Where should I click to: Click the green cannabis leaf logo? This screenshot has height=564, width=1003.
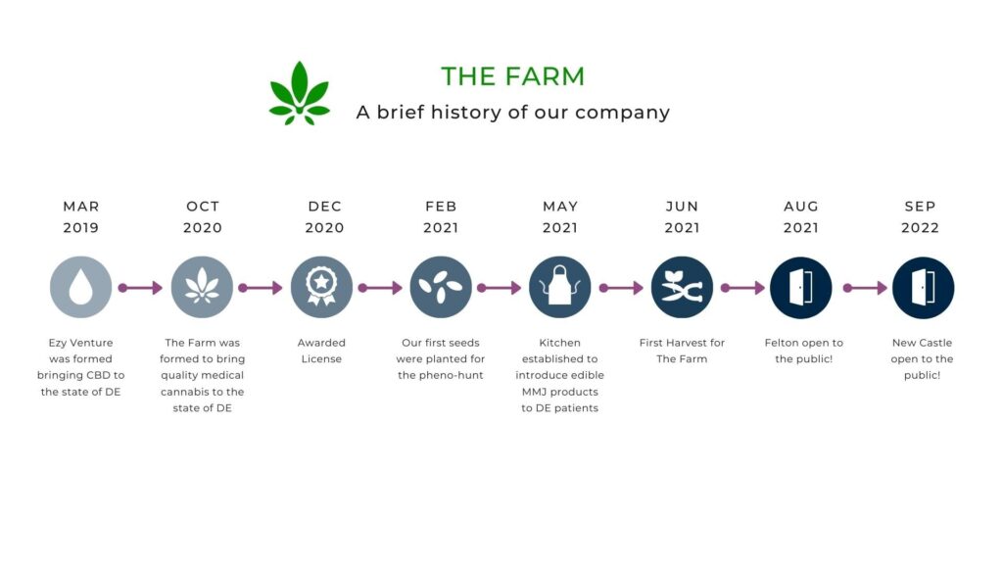click(300, 93)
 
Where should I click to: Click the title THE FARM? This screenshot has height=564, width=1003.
click(512, 76)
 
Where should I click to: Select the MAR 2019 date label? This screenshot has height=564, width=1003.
click(81, 216)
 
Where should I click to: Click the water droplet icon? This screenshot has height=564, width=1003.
click(80, 287)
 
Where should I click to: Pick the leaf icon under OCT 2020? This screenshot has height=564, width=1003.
click(202, 287)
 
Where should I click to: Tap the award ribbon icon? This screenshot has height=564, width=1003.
click(321, 287)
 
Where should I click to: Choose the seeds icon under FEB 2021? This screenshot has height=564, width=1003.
click(441, 287)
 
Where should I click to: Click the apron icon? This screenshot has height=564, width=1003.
click(559, 287)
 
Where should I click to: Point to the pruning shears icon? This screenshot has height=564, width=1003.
click(682, 287)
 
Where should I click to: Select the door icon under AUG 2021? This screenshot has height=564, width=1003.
click(801, 287)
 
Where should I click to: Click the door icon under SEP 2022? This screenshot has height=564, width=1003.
click(923, 287)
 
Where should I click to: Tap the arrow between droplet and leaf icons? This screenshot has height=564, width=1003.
click(141, 288)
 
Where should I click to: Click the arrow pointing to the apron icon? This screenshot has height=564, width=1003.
click(499, 288)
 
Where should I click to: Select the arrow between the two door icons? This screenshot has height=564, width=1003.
click(865, 288)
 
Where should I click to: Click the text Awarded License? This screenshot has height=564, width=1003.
click(321, 352)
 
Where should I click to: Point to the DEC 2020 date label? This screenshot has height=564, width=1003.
click(324, 216)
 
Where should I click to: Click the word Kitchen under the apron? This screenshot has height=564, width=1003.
click(559, 343)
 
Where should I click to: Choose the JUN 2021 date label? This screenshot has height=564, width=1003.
click(682, 216)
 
